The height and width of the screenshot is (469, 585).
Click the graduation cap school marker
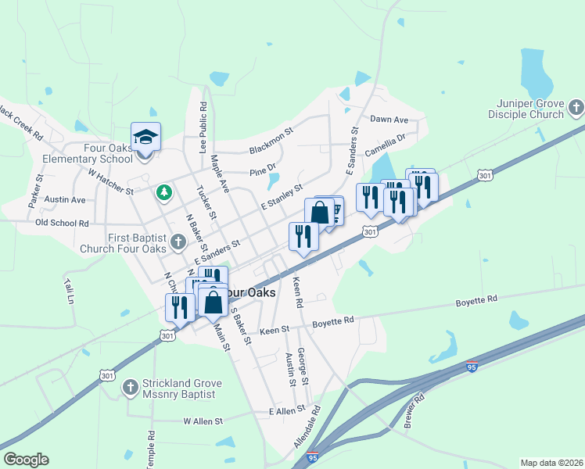click(145, 138)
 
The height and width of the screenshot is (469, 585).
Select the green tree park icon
click(163, 191)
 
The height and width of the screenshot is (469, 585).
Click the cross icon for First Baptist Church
click(178, 242)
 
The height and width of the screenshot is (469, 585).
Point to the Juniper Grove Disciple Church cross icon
click(576, 108)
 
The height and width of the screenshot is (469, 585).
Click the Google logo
click(26, 460)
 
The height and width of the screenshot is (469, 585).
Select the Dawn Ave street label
click(389, 120)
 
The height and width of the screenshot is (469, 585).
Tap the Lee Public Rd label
click(203, 125)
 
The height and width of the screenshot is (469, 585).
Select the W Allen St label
click(203, 421)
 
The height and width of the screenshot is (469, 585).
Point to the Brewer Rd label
click(414, 410)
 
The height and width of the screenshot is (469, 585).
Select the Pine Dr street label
click(263, 170)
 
